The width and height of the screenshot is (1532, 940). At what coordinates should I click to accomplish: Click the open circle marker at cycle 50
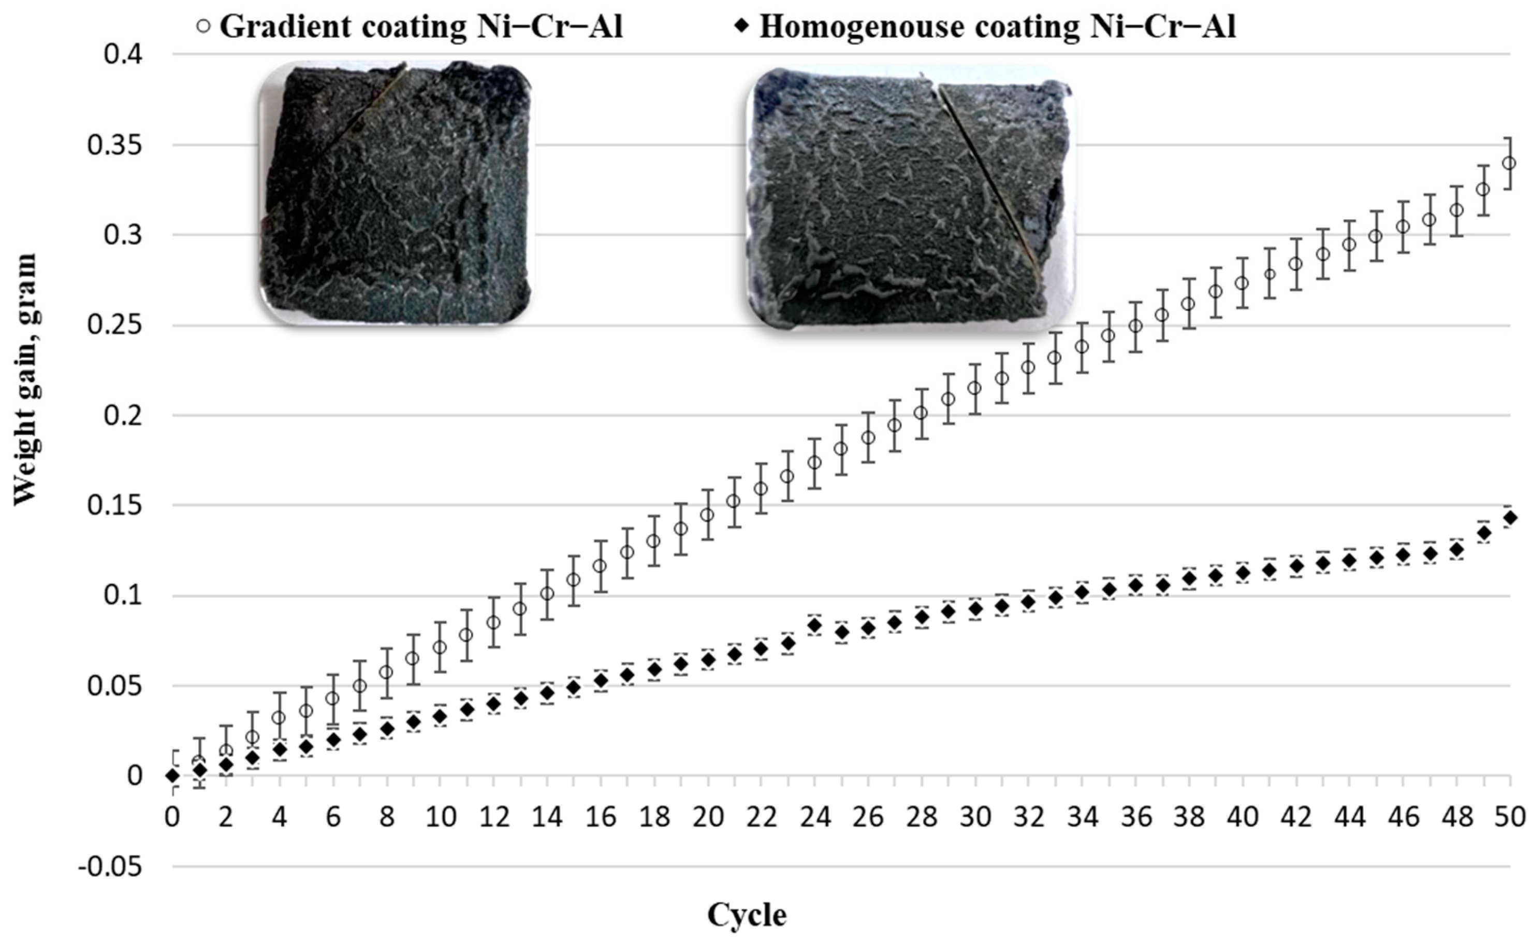[1508, 164]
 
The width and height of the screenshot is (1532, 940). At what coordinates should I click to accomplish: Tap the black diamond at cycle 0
[173, 776]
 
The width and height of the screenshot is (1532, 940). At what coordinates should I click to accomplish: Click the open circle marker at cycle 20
[707, 515]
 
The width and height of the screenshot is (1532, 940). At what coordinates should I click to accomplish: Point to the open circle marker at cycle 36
[1135, 326]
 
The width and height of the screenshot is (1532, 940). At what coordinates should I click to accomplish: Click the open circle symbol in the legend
[202, 27]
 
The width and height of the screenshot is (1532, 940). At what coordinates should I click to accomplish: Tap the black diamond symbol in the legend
[740, 27]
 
